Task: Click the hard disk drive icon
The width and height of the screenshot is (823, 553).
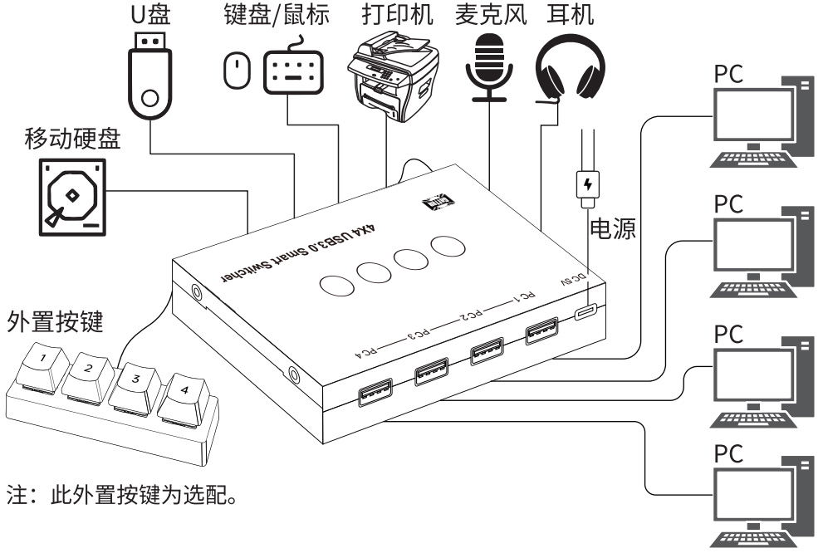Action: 73,197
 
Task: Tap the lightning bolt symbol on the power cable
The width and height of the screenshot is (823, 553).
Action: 588,182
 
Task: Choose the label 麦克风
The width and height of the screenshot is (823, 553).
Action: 491,17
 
